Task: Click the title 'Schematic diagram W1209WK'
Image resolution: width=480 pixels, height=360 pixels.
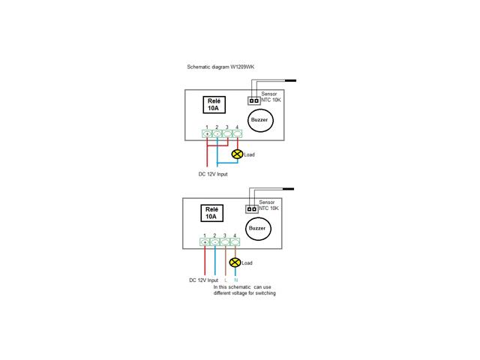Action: tap(220, 67)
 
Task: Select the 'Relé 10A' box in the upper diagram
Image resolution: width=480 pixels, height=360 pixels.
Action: tap(214, 105)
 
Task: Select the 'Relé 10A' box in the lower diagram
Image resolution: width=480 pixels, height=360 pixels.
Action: tap(211, 213)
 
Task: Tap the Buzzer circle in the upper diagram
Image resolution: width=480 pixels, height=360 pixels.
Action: tap(260, 120)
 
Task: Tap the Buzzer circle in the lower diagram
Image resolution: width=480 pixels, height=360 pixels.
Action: tap(258, 229)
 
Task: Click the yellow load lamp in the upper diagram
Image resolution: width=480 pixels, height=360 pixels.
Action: tap(237, 154)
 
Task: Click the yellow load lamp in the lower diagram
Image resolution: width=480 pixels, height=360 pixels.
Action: tap(235, 262)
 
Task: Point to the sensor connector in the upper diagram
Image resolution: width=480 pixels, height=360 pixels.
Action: tap(253, 100)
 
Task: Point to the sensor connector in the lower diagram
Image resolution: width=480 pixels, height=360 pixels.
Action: tap(252, 209)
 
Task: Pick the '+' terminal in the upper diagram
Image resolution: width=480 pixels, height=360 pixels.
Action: tap(207, 133)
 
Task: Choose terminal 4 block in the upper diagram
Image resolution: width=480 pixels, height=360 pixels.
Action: tap(238, 133)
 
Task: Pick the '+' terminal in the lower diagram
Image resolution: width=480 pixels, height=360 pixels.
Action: tap(205, 242)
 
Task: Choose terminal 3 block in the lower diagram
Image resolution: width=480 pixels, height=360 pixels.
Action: tap(225, 242)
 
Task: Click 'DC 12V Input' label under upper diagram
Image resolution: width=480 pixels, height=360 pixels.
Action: tap(213, 174)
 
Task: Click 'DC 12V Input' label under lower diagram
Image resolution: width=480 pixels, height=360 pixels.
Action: tap(203, 280)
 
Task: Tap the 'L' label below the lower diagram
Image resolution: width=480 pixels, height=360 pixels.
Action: tap(226, 280)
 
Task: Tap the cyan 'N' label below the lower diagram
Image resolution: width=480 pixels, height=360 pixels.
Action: tap(235, 280)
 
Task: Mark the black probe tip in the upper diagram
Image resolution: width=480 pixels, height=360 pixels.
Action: tap(290, 80)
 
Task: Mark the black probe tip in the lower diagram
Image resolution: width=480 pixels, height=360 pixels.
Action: tap(288, 189)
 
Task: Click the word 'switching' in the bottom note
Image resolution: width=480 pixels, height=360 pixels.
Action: tap(265, 293)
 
